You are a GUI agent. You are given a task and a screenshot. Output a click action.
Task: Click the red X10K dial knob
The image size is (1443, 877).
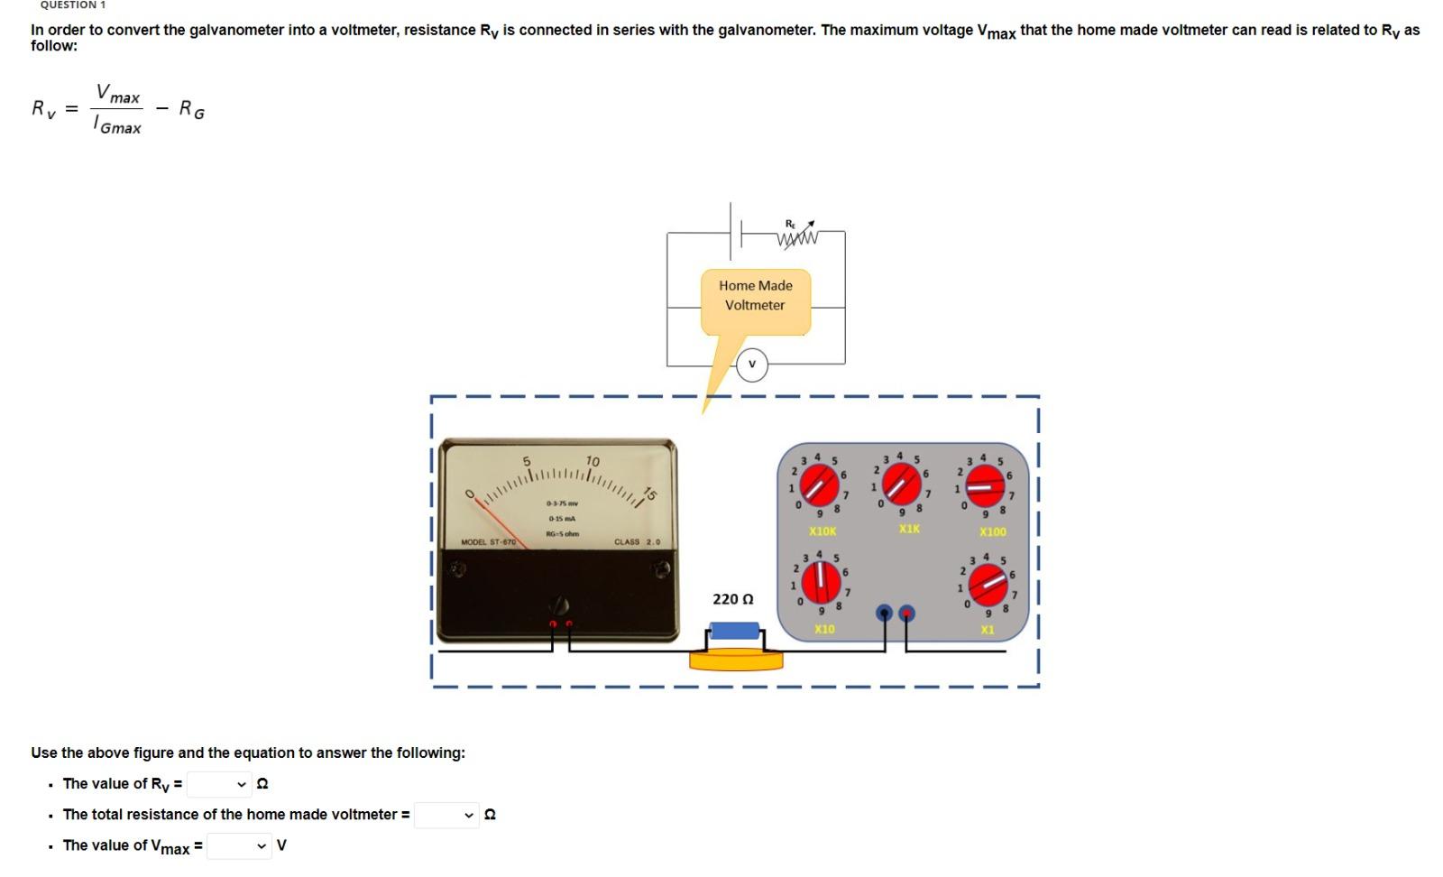click(821, 487)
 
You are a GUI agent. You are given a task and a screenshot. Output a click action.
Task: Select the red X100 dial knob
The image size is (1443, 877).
click(985, 487)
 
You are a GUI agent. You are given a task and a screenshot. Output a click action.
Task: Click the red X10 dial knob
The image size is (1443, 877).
click(821, 582)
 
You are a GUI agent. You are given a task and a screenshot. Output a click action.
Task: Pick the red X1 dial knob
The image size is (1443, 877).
click(988, 586)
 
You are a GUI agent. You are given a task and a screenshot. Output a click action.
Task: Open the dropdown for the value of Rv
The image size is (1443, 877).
click(218, 784)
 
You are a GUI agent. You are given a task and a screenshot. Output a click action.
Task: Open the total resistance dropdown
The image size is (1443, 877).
click(446, 815)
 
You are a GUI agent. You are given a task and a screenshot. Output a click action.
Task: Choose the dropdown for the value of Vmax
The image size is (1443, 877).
click(239, 846)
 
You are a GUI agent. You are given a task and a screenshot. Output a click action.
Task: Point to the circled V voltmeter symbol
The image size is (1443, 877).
click(751, 365)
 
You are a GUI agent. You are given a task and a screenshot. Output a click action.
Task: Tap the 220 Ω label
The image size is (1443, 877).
click(732, 599)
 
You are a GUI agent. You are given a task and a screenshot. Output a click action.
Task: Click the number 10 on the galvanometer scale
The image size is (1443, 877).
click(593, 461)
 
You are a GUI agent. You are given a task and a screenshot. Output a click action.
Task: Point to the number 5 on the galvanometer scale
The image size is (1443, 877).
click(528, 461)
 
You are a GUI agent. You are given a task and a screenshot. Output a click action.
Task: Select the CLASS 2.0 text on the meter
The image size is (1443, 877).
click(637, 541)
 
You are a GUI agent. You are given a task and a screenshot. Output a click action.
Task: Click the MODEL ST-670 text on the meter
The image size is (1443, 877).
click(488, 541)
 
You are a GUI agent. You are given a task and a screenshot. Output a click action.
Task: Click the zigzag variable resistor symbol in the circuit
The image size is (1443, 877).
click(796, 238)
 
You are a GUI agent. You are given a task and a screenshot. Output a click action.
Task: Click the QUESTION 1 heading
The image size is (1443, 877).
click(73, 5)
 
